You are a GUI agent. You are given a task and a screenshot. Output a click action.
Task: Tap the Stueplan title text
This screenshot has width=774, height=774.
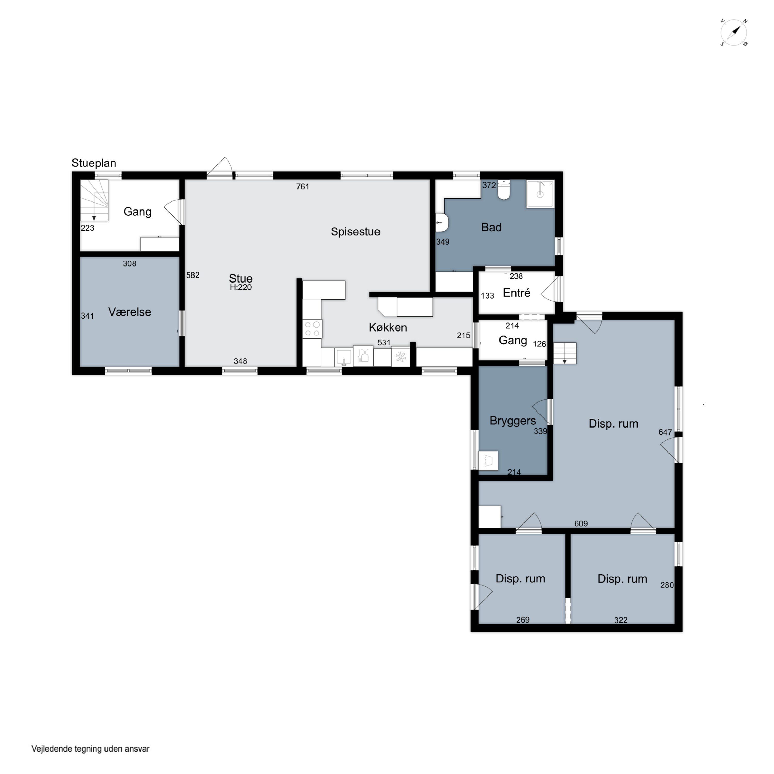point(94,163)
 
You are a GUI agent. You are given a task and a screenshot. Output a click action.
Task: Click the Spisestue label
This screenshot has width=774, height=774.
point(355,232)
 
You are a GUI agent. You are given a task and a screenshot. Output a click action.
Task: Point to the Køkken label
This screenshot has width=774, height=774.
point(388,327)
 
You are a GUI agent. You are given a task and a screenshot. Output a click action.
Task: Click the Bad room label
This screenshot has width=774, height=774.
point(491,227)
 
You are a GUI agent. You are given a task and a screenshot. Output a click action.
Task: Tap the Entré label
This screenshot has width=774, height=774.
point(517,293)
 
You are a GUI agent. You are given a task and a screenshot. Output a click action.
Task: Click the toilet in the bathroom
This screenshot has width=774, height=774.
point(504,190)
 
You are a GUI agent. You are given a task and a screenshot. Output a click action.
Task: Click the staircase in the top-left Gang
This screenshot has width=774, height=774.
point(94,200)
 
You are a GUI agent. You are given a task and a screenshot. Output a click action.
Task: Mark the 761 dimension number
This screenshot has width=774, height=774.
point(302,186)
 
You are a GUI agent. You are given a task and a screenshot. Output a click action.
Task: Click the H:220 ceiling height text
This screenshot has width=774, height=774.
point(241,287)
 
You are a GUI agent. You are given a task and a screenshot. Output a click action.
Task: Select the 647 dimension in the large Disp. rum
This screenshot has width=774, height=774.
point(665,432)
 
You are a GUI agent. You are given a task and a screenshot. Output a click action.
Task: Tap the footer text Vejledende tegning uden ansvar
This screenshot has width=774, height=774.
point(91,749)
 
